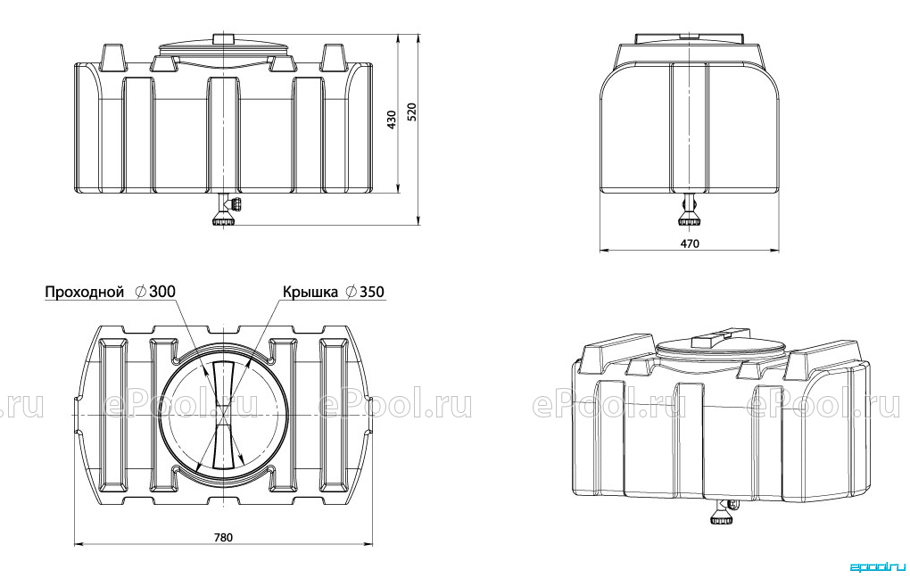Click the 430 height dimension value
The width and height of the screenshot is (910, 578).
coord(392,120)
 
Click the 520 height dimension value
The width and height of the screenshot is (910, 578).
coord(412,112)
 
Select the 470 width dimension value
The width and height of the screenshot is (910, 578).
coord(690,244)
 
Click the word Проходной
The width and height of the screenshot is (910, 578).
coord(85,292)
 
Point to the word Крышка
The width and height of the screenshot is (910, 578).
coord(310,292)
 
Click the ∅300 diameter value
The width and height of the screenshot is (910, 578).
coord(155,292)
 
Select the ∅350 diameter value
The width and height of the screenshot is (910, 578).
coord(365,292)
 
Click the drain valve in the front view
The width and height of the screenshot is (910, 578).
coord(227,210)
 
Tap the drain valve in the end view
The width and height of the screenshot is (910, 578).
coord(690,210)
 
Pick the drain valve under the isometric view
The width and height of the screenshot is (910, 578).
coord(722,513)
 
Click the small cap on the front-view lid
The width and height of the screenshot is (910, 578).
coord(223,39)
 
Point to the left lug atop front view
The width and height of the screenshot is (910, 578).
coord(113,58)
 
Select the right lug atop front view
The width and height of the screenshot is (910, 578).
coord(334,58)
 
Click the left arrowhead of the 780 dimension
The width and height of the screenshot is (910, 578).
coord(79,544)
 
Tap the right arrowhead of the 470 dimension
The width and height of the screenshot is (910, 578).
coord(773,251)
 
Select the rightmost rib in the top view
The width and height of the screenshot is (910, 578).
coord(333,415)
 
